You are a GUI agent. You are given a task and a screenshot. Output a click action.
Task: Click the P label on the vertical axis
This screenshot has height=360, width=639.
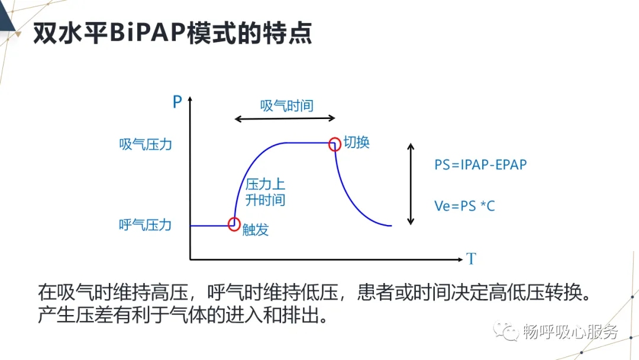click(x=177, y=102)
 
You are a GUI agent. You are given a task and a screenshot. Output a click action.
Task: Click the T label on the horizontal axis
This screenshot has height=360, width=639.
click(x=471, y=259)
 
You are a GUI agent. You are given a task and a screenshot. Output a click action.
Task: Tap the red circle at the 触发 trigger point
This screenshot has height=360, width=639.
click(x=234, y=224)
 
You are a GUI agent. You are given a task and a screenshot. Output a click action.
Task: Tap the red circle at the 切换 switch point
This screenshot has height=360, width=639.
click(x=335, y=143)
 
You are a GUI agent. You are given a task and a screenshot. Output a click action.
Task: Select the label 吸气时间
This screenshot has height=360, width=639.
click(x=286, y=106)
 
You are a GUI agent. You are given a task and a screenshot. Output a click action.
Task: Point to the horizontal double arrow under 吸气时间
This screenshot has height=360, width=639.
click(x=285, y=120)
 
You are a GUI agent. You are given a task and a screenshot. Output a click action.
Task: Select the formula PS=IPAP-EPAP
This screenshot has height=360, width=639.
click(x=480, y=165)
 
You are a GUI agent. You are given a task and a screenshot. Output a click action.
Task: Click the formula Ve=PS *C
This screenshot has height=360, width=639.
click(x=464, y=206)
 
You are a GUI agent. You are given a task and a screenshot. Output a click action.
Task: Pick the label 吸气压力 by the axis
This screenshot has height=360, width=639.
click(x=146, y=144)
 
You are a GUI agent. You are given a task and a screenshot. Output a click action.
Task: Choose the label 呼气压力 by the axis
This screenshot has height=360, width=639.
click(x=146, y=225)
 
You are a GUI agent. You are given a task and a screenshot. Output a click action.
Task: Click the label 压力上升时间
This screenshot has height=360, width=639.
click(x=265, y=192)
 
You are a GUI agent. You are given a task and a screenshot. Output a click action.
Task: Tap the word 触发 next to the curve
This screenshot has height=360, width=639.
click(x=256, y=230)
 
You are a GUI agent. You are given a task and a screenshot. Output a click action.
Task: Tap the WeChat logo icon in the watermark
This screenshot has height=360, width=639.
click(x=507, y=331)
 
